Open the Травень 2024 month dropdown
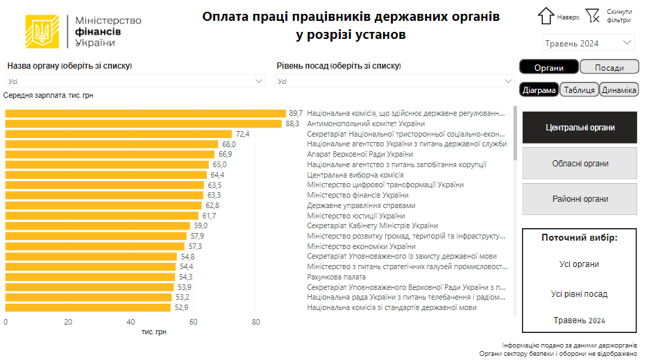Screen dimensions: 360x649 588,43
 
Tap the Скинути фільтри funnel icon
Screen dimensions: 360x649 592,15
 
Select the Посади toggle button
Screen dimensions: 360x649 609,67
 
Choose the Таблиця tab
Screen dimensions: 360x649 579,90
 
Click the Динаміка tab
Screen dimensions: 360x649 618,90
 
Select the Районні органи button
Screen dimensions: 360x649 580,199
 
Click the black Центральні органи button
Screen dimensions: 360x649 580,128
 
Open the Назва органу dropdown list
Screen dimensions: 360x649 135,81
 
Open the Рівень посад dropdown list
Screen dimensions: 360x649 394,81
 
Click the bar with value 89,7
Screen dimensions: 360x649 146,113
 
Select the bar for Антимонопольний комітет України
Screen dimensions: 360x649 144,123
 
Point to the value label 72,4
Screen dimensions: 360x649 242,134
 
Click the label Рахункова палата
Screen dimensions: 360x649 337,277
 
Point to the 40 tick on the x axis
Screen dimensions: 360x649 130,322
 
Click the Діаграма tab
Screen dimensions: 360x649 539,90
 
